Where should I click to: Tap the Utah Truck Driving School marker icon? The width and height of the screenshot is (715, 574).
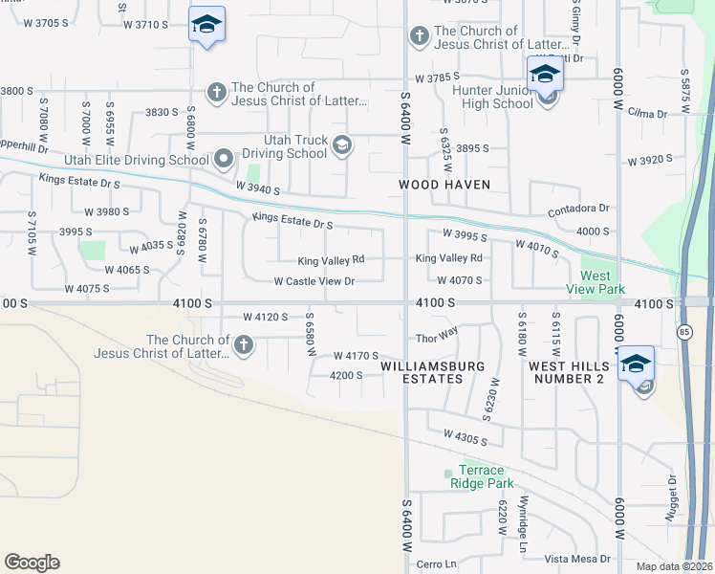click(x=342, y=146)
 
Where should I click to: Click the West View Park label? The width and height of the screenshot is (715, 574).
click(x=595, y=281)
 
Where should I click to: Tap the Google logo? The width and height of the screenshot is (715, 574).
click(x=32, y=563)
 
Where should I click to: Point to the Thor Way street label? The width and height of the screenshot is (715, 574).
click(x=437, y=339)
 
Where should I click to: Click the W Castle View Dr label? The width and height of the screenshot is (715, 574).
click(x=314, y=281)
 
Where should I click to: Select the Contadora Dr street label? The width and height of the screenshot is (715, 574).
click(x=578, y=209)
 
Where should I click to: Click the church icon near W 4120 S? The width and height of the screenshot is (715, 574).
click(x=243, y=344)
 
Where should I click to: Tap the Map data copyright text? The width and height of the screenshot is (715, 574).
click(x=672, y=566)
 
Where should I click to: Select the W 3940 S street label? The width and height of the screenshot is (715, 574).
click(x=257, y=190)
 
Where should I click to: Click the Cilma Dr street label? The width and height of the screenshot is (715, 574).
click(x=648, y=114)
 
